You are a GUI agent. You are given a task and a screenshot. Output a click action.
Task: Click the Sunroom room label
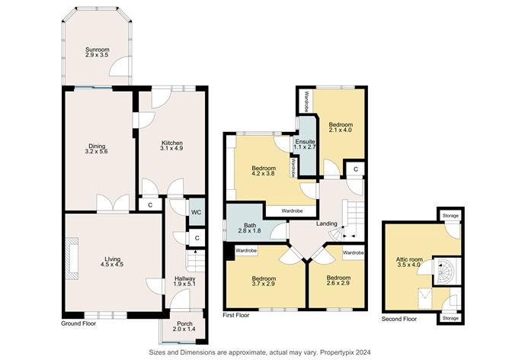click(97, 50)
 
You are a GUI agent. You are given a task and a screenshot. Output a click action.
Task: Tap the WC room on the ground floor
click(197, 212)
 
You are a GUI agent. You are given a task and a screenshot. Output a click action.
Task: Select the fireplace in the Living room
click(72, 259)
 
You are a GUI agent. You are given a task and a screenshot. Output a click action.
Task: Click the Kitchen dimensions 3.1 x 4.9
click(172, 148)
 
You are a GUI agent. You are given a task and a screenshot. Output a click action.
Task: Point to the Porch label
click(184, 323)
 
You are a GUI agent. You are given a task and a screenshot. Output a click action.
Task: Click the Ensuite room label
click(305, 142)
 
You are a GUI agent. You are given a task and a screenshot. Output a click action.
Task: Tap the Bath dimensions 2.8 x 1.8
click(250, 230)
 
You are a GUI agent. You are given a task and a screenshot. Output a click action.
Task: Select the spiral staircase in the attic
click(447, 272)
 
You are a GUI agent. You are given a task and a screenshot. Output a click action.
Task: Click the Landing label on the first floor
click(327, 224)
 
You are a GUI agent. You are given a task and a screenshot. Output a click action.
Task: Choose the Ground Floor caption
click(78, 323)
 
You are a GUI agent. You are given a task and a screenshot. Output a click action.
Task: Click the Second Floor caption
click(399, 319)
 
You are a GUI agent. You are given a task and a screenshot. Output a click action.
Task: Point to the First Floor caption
click(236, 315)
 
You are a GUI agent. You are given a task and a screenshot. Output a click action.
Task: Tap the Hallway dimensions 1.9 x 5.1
click(185, 284)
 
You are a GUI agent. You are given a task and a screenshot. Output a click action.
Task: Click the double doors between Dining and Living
click(113, 204)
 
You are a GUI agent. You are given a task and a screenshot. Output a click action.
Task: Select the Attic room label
click(409, 259)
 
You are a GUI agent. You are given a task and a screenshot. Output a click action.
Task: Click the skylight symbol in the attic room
click(425, 298)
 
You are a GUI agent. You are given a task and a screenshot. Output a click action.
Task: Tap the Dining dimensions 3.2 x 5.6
click(97, 152)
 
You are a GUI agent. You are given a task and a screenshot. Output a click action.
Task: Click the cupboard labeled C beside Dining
click(150, 205)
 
